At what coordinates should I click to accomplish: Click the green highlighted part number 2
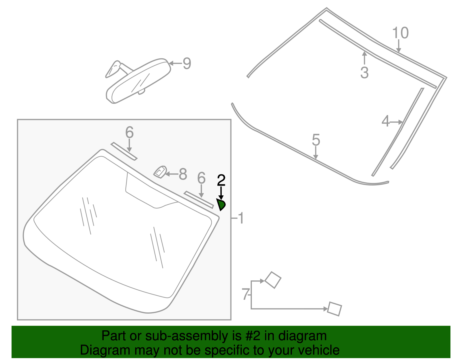pos(221,205)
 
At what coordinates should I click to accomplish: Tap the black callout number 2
pos(221,180)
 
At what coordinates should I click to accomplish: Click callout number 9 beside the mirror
pos(187,63)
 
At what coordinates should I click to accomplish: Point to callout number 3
pos(364,73)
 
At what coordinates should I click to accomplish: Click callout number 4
pos(385,121)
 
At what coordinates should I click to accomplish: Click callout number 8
pos(183,174)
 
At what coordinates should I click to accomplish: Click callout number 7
pos(245,295)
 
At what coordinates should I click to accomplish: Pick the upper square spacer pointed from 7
pos(273,280)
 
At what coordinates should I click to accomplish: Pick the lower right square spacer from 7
pos(335,309)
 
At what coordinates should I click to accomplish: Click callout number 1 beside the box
pos(241,218)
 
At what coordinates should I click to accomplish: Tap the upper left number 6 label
pos(129,132)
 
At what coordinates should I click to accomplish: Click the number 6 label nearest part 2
pos(201,178)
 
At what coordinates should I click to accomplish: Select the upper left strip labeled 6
pos(124,151)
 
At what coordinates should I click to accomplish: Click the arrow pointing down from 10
pos(398,46)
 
